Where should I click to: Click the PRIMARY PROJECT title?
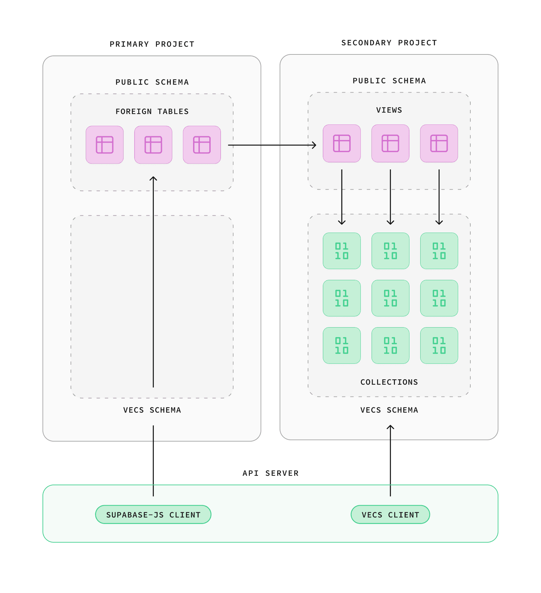(152, 44)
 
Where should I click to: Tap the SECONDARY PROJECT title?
(389, 43)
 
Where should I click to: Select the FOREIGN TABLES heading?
(152, 112)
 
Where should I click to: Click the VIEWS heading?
(389, 110)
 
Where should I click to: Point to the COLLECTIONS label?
(389, 382)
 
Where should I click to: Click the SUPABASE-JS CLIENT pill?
(153, 515)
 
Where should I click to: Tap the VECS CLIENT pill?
(390, 515)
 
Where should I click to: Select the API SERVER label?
(270, 473)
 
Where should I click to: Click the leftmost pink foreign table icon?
(104, 145)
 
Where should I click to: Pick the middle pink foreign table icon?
(153, 145)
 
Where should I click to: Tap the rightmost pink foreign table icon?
(202, 145)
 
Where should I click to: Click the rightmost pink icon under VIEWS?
(439, 143)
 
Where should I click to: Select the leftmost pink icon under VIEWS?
(342, 143)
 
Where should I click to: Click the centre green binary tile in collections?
(390, 298)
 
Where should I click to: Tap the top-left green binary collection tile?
(342, 251)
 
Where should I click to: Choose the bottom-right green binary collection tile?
(439, 346)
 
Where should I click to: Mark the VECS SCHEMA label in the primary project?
(152, 410)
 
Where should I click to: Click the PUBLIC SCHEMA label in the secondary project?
(389, 81)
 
